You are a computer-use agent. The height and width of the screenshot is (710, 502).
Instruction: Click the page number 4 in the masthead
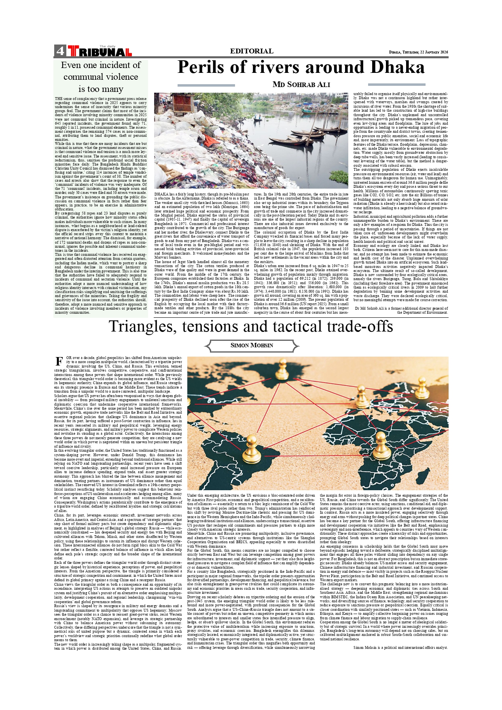[60, 51]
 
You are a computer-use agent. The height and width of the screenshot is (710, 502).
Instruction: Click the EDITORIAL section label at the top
[251, 51]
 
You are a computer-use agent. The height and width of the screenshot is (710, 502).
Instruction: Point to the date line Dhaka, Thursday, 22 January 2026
[418, 52]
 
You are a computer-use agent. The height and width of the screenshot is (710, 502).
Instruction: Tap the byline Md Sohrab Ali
[301, 85]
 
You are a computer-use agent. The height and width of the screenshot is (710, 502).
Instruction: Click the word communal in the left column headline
[100, 77]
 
